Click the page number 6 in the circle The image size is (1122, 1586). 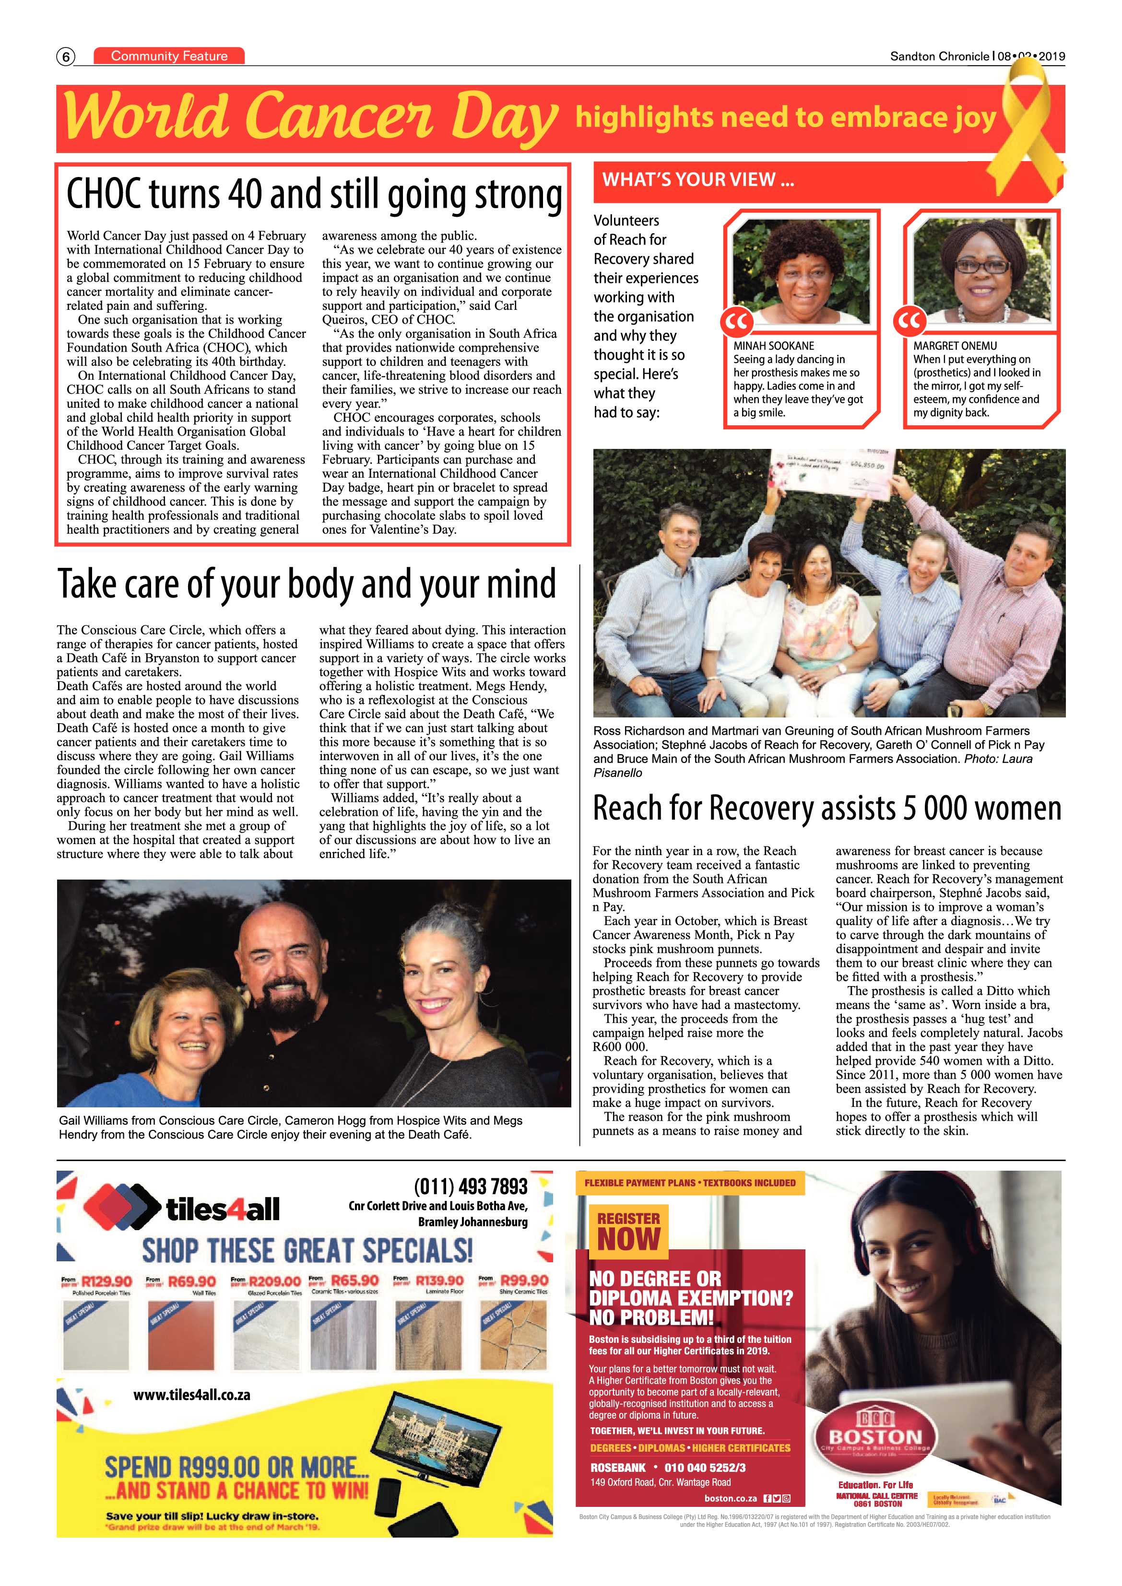[66, 57]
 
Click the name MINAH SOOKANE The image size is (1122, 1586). [773, 345]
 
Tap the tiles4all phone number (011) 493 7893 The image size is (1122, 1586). [471, 1187]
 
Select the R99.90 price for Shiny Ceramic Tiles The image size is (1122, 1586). [524, 1280]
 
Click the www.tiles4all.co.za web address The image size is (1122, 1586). [191, 1395]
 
